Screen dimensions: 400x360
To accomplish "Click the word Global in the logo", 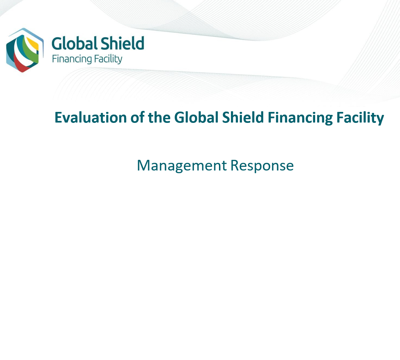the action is point(75,43).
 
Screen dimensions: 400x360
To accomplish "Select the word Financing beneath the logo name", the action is point(72,59).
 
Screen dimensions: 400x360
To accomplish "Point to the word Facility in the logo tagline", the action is point(108,59).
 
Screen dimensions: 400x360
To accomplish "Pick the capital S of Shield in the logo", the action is point(104,43).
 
